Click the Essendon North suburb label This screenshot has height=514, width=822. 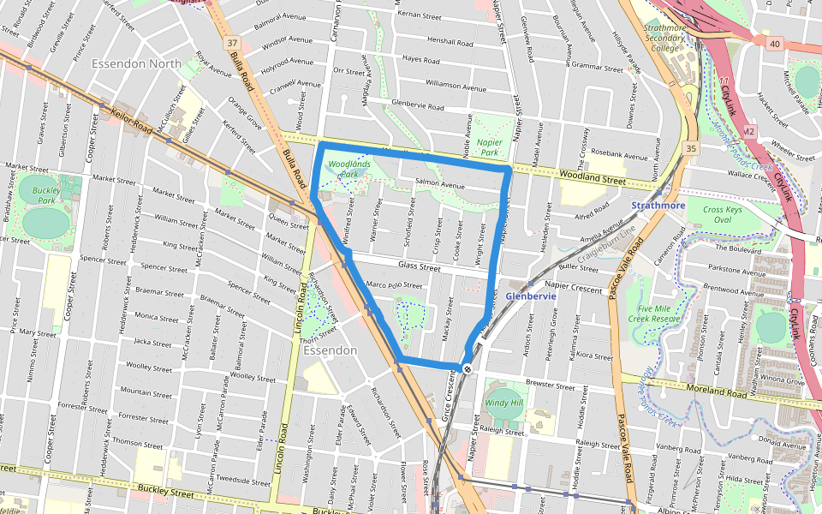pyautogui.click(x=142, y=63)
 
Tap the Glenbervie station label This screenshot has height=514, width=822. pyautogui.click(x=530, y=296)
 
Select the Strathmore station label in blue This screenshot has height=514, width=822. pyautogui.click(x=659, y=206)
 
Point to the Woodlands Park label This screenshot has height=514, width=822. pyautogui.click(x=348, y=168)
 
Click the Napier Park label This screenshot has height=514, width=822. pyautogui.click(x=489, y=146)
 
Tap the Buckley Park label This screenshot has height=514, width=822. pyautogui.click(x=44, y=195)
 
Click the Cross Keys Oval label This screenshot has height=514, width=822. pyautogui.click(x=722, y=214)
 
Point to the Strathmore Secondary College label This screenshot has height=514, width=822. pyautogui.click(x=665, y=38)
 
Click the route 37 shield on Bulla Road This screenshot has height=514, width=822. pyautogui.click(x=233, y=43)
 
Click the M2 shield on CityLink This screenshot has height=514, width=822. pyautogui.click(x=748, y=131)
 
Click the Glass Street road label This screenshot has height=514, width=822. pyautogui.click(x=419, y=268)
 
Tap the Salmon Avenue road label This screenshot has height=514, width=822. pyautogui.click(x=439, y=184)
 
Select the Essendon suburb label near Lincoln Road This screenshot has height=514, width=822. pyautogui.click(x=330, y=350)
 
